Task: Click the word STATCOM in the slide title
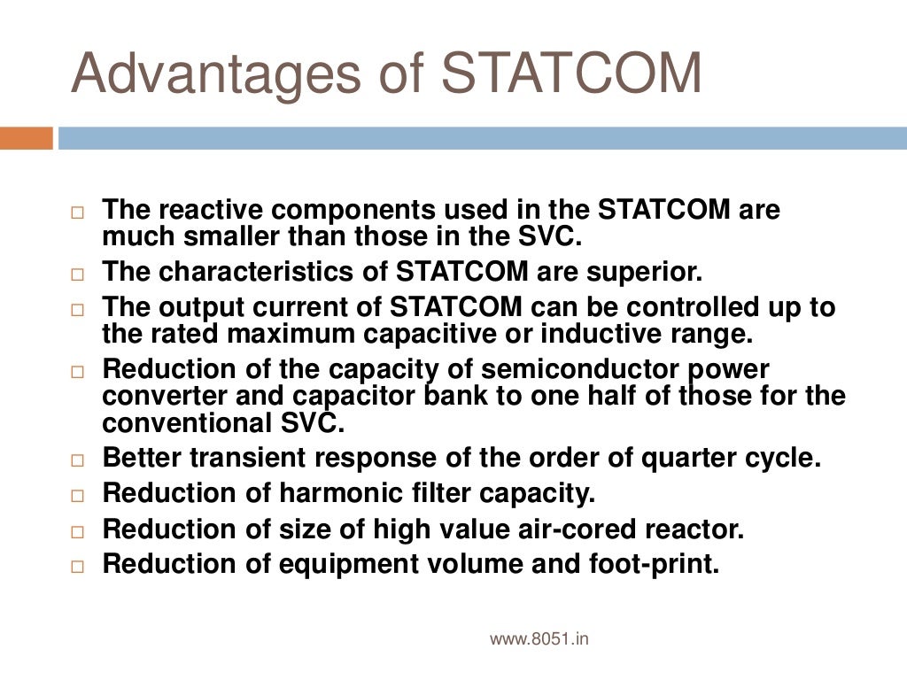(572, 74)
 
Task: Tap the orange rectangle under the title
(27, 139)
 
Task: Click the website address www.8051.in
(539, 638)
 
